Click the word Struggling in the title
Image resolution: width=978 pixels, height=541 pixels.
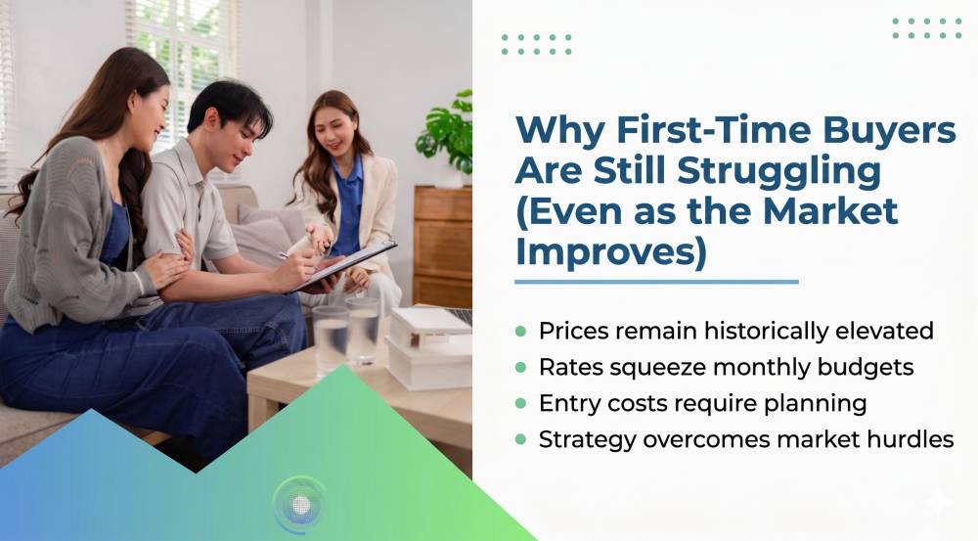point(779,172)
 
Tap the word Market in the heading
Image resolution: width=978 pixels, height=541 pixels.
point(830,211)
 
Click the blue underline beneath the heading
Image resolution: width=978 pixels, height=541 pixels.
point(657,282)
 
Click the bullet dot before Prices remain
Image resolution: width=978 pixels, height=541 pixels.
point(521,332)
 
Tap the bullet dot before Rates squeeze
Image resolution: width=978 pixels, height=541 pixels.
point(521,368)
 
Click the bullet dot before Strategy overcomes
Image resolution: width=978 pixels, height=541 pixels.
point(521,440)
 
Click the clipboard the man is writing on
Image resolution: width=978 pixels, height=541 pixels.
point(346,264)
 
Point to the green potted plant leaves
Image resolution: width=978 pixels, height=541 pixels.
point(447,132)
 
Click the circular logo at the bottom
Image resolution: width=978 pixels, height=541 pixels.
point(300,504)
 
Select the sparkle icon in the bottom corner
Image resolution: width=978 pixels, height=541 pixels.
point(938,502)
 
